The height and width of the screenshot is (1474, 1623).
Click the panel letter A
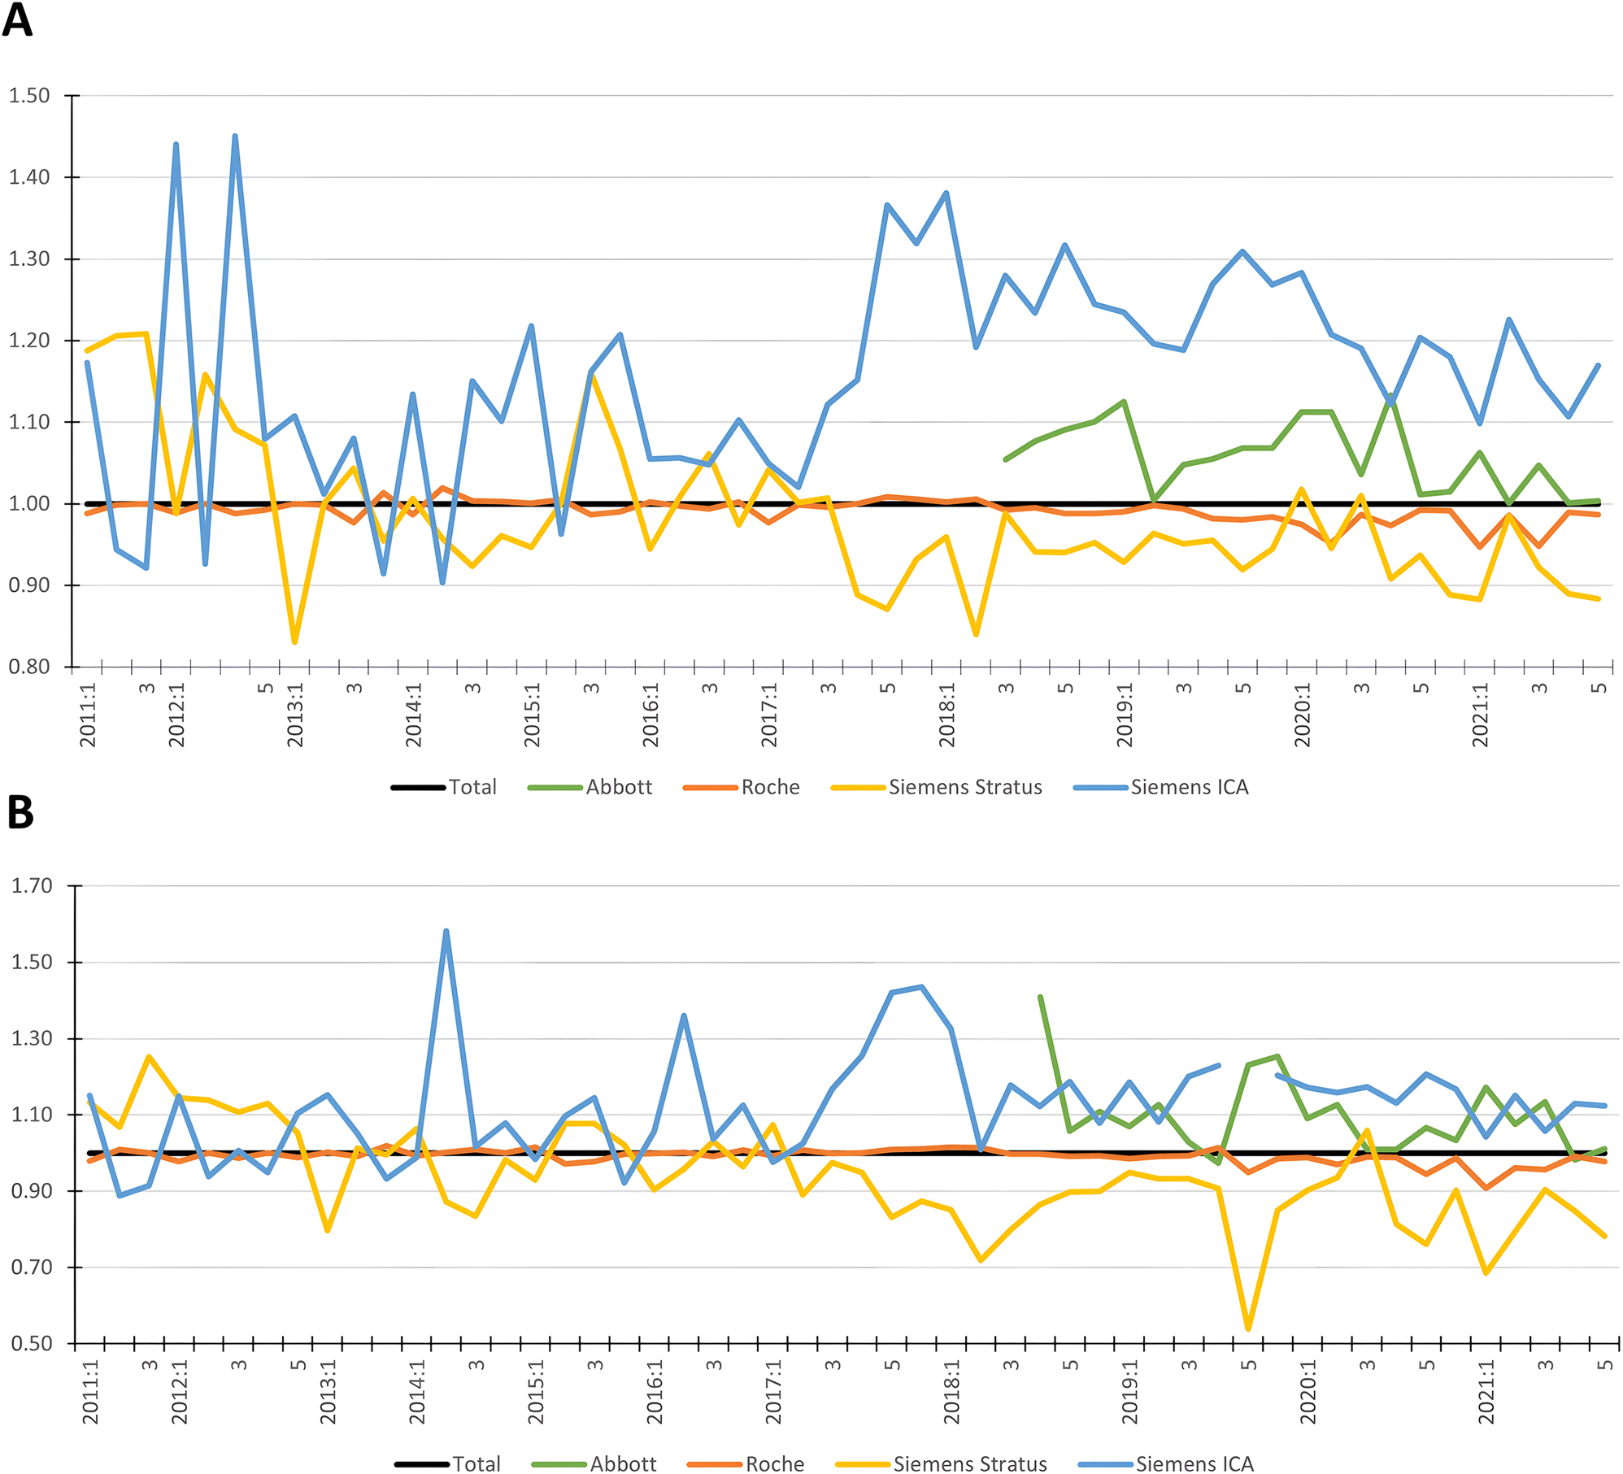pyautogui.click(x=17, y=20)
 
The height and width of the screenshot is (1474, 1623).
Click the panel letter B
pyautogui.click(x=20, y=811)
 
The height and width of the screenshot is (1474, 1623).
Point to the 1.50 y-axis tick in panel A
pyautogui.click(x=29, y=96)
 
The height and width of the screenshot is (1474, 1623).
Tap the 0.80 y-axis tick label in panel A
pyautogui.click(x=29, y=667)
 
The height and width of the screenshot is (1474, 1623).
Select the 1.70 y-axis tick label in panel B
pyautogui.click(x=32, y=885)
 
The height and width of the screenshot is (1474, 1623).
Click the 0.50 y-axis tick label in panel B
pyautogui.click(x=32, y=1344)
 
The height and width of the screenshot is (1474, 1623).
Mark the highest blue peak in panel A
pyautogui.click(x=235, y=137)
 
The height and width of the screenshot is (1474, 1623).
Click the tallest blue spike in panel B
pyautogui.click(x=446, y=931)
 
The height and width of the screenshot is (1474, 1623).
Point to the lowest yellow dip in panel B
pyautogui.click(x=1248, y=1329)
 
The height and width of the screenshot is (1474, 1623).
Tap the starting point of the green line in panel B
pyautogui.click(x=1040, y=997)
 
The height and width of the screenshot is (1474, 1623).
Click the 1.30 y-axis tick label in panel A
pyautogui.click(x=29, y=259)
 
